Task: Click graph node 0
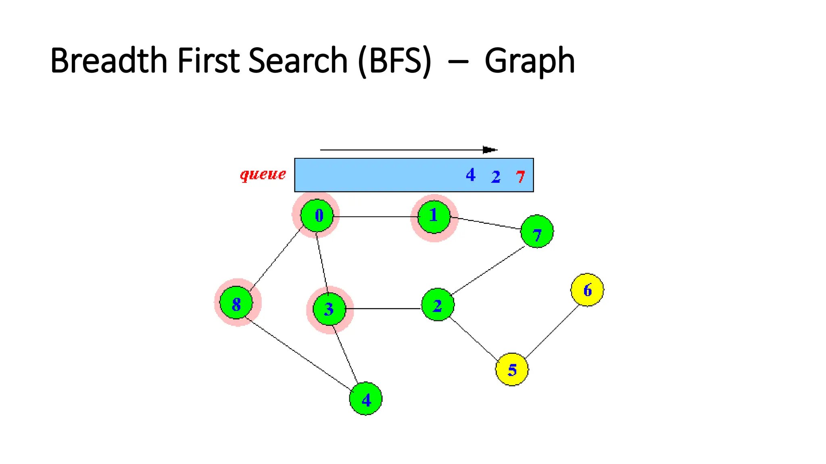[317, 215]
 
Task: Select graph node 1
[434, 217]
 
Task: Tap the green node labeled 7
[537, 231]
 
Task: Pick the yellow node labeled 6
[587, 290]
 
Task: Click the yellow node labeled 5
[512, 369]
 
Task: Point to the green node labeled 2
[438, 305]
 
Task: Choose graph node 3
[329, 309]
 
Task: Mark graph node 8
[236, 303]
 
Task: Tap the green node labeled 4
[366, 399]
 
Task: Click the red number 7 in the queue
[520, 176]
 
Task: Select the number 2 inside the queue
[496, 176]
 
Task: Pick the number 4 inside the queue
[470, 175]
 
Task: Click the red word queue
[263, 174]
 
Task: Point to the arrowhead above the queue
[490, 150]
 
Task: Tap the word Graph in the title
[530, 61]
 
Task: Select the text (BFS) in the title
[394, 61]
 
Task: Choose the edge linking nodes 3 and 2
[383, 309]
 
